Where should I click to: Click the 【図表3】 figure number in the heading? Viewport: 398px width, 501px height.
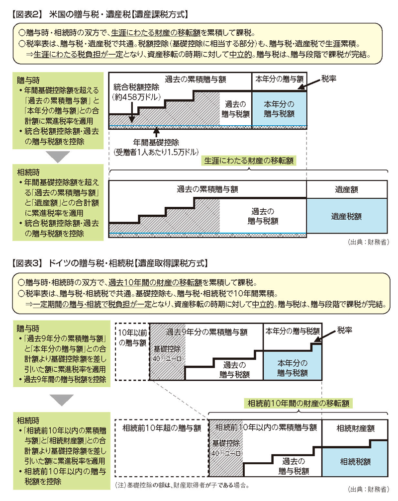click(x=25, y=262)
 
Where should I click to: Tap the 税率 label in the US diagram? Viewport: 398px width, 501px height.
click(x=329, y=79)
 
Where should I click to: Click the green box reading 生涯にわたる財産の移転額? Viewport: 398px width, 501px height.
click(x=248, y=161)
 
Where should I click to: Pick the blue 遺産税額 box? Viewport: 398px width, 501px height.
click(x=347, y=216)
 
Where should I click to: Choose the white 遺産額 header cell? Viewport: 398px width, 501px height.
click(x=347, y=189)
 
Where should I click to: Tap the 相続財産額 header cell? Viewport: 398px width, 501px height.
click(x=355, y=428)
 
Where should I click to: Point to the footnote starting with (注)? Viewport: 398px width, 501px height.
click(x=181, y=484)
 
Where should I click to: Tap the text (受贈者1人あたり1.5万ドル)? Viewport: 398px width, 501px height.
click(x=155, y=151)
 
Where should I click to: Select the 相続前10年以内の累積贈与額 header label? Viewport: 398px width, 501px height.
click(x=266, y=427)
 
